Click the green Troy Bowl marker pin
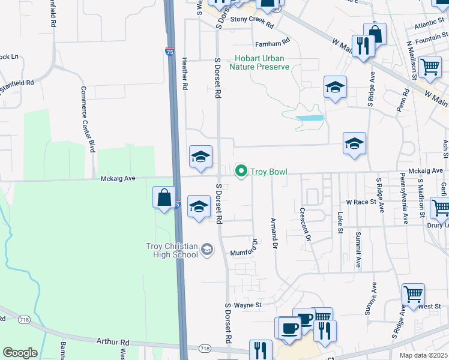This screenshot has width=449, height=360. point(242,172)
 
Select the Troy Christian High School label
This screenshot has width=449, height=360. point(172,250)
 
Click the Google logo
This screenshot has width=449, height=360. point(20,352)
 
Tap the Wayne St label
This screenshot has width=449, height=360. point(248,305)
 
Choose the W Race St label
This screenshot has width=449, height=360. point(360,202)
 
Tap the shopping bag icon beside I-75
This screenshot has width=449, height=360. point(164,197)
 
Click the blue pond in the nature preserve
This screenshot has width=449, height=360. point(310,118)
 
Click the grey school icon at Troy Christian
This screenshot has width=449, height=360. point(206,249)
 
